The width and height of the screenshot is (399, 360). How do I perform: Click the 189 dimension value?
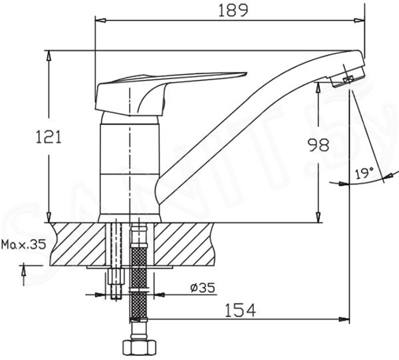[233, 11]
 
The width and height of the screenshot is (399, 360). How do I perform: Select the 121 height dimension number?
[49, 136]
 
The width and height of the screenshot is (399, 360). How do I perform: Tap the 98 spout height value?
[319, 144]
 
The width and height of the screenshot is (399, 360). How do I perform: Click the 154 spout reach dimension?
[241, 310]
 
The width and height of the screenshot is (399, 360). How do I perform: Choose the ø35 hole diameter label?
[203, 287]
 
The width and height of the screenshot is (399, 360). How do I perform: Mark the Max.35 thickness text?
[24, 244]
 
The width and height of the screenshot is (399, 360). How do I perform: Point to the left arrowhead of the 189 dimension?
[100, 21]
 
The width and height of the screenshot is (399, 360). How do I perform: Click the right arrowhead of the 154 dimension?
[344, 319]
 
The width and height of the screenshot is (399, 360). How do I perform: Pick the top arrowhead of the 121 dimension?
[49, 56]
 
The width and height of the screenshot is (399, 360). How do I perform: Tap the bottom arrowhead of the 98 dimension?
[319, 217]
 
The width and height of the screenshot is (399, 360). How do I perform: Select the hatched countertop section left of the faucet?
[78, 244]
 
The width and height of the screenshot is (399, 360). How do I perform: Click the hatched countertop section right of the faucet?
[184, 244]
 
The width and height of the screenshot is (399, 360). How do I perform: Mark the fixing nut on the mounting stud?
[116, 276]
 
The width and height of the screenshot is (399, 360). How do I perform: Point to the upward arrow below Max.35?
[24, 274]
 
